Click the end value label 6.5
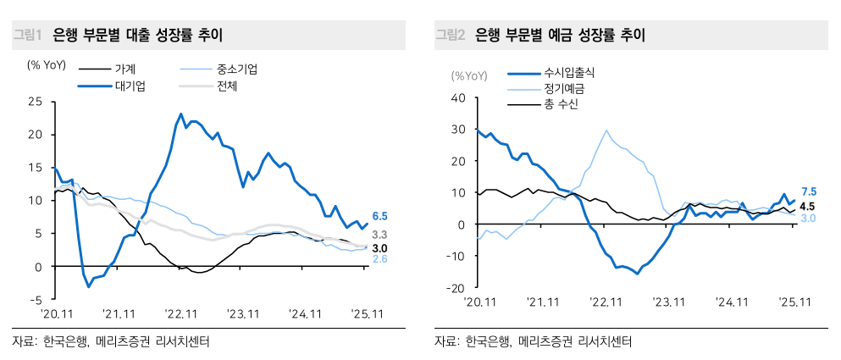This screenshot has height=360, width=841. [380, 217]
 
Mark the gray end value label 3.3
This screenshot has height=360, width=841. [380, 235]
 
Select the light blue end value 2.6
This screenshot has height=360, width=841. [380, 259]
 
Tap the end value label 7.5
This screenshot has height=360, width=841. [808, 191]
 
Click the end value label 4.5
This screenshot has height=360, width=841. [808, 206]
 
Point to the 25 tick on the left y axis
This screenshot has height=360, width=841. [35, 101]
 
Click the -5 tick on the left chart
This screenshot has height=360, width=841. [36, 299]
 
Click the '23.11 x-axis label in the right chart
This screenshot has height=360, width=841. [668, 302]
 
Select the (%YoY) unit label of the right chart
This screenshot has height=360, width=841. [469, 75]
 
